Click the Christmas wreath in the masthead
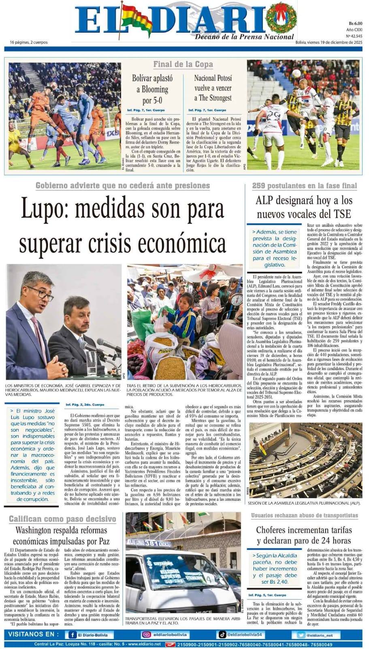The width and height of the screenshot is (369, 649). [x=280, y=18]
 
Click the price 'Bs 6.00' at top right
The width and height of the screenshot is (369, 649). [x=355, y=24]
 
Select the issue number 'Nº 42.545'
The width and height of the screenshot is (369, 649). [x=354, y=36]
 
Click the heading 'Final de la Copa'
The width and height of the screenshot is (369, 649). [x=183, y=64]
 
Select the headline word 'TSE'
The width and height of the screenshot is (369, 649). [x=342, y=214]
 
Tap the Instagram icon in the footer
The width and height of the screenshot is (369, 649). [x=146, y=635]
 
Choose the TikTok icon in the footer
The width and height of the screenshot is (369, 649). [x=222, y=634]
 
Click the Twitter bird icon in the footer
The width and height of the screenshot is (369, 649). [x=301, y=635]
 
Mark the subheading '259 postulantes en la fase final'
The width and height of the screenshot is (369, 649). [x=304, y=186]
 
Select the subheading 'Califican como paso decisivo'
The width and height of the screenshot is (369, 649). [x=62, y=519]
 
